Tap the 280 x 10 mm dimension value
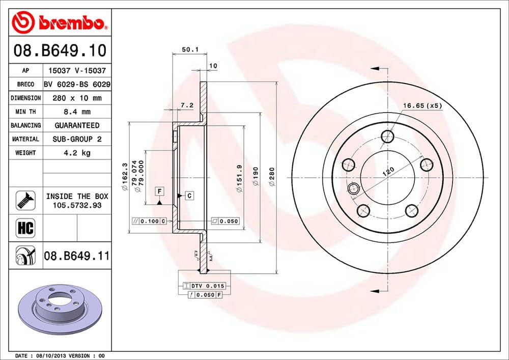pos(76,98)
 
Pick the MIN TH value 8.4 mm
pos(76,112)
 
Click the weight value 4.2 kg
pos(76,153)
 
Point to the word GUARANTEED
pos(76,125)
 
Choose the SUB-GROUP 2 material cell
pos(76,139)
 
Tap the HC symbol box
pos(25,228)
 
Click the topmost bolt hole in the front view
pos(388,136)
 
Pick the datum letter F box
pos(159,191)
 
